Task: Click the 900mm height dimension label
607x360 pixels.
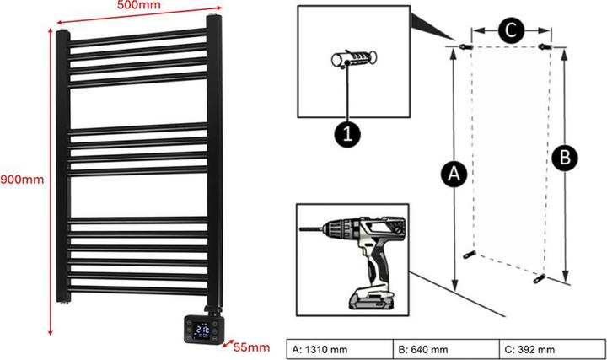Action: (x=21, y=179)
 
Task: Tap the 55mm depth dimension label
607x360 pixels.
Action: (x=253, y=347)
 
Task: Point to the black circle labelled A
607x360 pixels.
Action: (x=454, y=175)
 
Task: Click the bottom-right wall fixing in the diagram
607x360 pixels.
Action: (x=540, y=275)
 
